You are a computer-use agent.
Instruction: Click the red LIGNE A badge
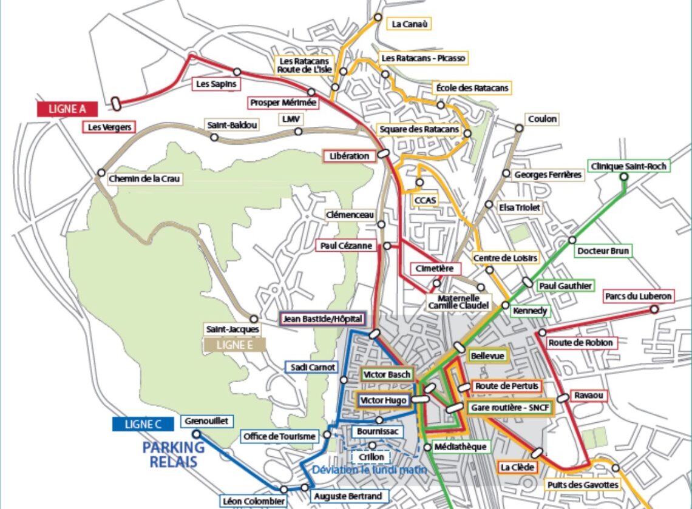point(67,109)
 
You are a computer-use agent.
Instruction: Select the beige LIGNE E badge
point(235,345)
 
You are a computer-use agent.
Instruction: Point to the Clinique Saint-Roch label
point(628,166)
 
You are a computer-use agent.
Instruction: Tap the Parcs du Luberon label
point(638,297)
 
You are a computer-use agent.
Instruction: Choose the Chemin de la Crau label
point(145,180)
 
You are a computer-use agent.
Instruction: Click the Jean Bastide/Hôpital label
point(322,319)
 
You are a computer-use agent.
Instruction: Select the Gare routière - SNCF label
point(511,408)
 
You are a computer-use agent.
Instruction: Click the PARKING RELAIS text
point(173,454)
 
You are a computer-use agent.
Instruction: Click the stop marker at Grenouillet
point(196,434)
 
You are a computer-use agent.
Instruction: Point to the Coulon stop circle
point(519,128)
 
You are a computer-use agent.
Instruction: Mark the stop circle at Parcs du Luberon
point(654,309)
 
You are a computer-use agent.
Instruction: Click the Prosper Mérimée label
point(283,103)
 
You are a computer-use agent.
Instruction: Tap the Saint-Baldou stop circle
point(214,137)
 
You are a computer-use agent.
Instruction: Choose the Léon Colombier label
point(253,501)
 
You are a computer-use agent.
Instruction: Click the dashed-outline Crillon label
point(371,457)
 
